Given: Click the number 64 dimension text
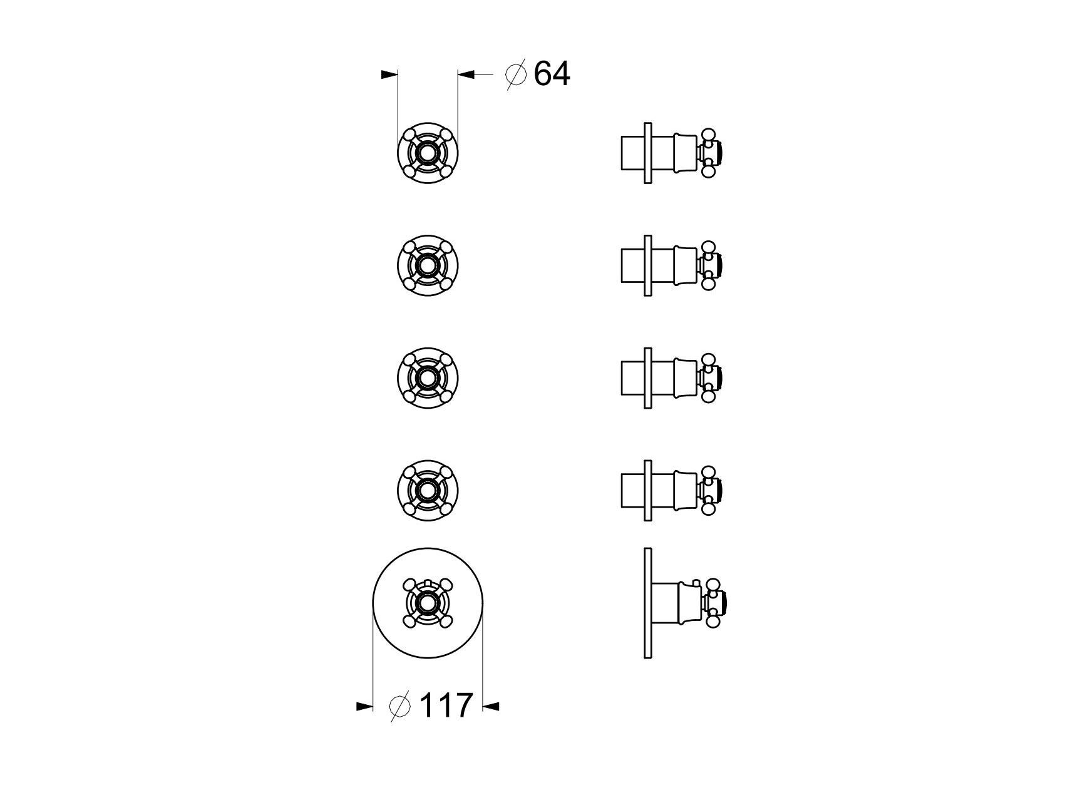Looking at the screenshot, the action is pyautogui.click(x=552, y=74).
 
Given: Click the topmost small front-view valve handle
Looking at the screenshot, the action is pyautogui.click(x=428, y=153).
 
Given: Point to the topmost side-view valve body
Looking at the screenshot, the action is pyautogui.click(x=673, y=153).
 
